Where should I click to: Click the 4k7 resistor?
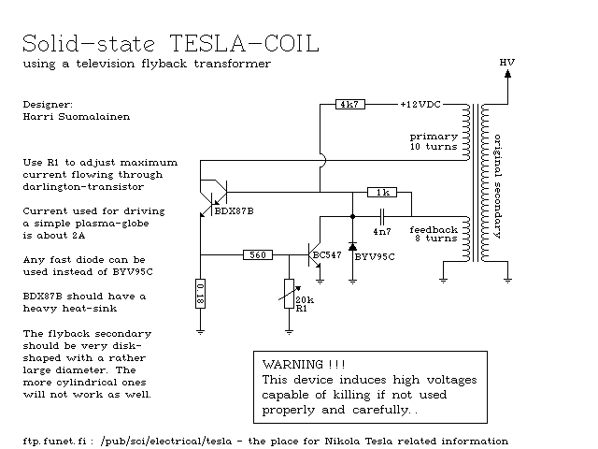(349, 104)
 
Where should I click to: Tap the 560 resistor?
(258, 253)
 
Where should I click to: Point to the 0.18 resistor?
(201, 293)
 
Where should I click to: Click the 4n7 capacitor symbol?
(381, 216)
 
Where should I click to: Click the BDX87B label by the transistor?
(234, 211)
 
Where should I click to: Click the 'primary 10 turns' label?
(434, 141)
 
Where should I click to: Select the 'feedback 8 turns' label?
(434, 235)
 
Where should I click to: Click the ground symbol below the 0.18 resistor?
(201, 329)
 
